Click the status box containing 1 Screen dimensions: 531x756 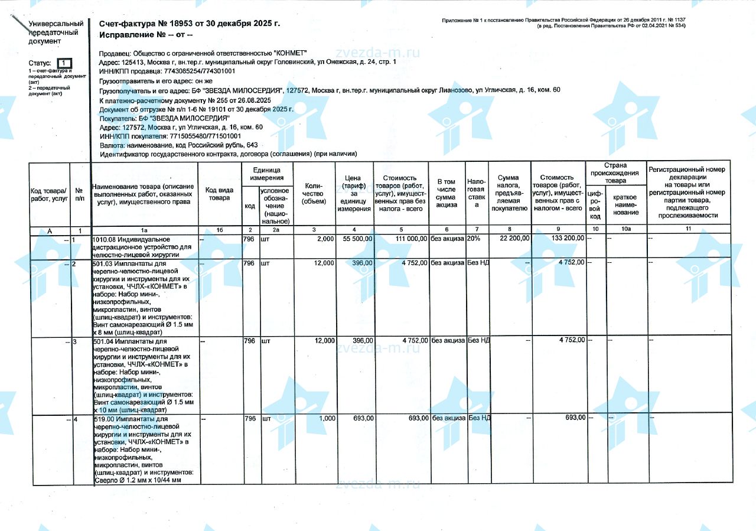pos(65,63)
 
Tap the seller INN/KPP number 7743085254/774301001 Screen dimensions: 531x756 pos(195,71)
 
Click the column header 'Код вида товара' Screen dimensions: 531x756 pos(219,194)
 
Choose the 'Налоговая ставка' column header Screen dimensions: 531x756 pos(476,193)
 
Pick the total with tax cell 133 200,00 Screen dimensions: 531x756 pos(567,238)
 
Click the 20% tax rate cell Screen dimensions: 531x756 pos(474,238)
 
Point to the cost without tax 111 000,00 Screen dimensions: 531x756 pos(407,238)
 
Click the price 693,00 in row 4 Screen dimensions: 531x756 pos(363,418)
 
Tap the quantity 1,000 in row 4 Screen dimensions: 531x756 pos(327,418)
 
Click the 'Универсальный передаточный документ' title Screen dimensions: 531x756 pos(56,32)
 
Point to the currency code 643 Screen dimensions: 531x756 pos(251,145)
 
